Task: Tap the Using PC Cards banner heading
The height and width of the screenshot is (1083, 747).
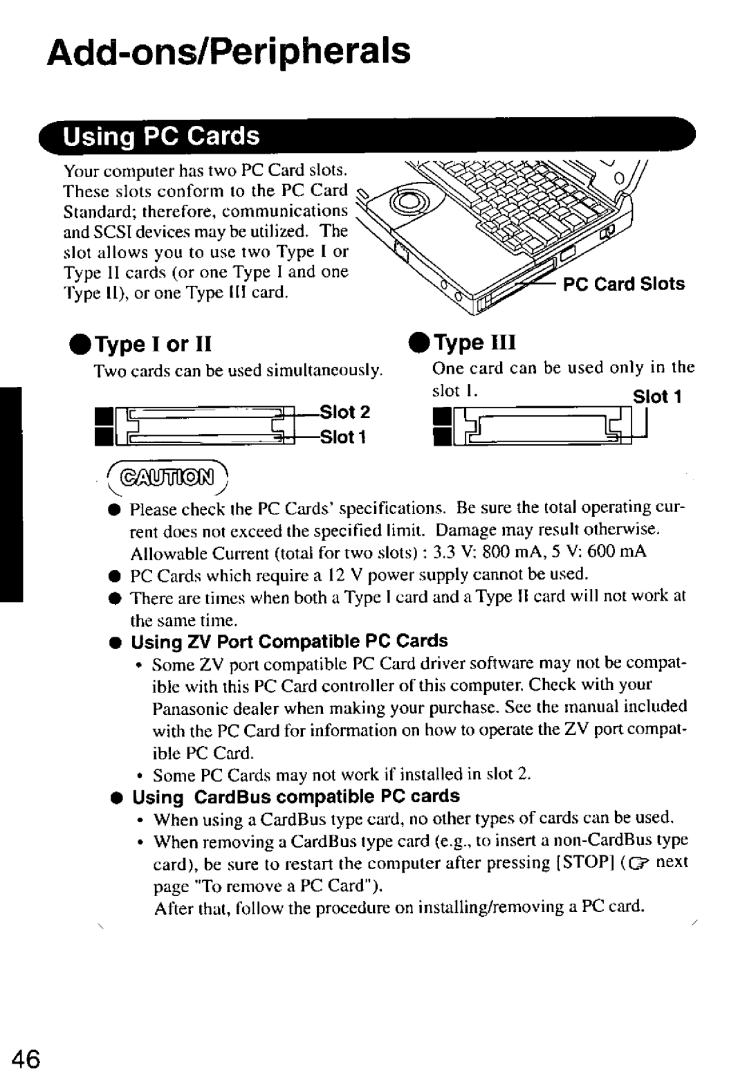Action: [x=162, y=136]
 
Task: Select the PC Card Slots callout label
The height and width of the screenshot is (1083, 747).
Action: [x=623, y=284]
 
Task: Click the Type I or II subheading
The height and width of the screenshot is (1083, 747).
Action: [x=142, y=344]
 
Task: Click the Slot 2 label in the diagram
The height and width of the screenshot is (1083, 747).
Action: [x=345, y=412]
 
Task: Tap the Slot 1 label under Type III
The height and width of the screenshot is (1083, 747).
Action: [x=658, y=397]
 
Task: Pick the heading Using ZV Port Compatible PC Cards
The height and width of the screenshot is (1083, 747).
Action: [x=289, y=641]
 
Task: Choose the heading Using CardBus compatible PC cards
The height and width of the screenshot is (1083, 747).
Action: [x=295, y=797]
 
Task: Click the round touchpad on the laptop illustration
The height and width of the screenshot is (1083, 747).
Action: [x=407, y=201]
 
